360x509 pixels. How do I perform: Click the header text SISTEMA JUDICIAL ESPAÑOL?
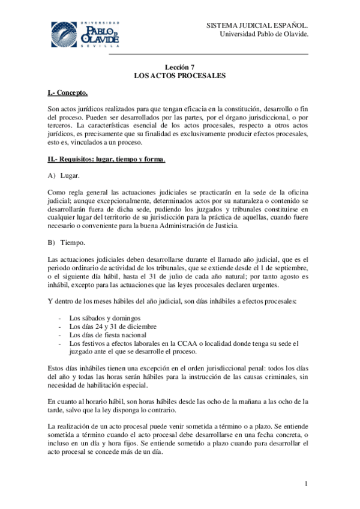click(x=257, y=26)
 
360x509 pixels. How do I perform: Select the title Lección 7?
click(x=179, y=67)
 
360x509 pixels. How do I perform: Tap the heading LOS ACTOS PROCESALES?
click(x=179, y=76)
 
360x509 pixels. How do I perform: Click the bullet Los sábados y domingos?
click(x=105, y=318)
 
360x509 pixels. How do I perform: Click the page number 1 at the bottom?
click(x=306, y=484)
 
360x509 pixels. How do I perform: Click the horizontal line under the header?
click(x=208, y=55)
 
